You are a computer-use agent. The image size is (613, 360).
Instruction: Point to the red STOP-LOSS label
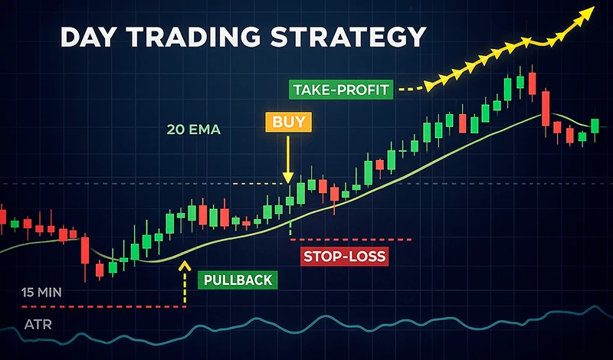[x=343, y=256]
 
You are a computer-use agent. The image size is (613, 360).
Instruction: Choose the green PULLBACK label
[x=236, y=280]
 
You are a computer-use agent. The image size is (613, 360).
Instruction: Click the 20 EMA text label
[x=194, y=130]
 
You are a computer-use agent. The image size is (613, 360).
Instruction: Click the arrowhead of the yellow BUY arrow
[x=289, y=178]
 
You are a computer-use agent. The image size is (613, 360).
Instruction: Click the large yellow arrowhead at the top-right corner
[x=586, y=12]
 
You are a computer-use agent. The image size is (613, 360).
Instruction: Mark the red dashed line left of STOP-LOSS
[x=352, y=239]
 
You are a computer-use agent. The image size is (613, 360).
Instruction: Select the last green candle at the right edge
[x=595, y=125]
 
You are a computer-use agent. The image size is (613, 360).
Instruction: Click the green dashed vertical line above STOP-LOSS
[x=290, y=227]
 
